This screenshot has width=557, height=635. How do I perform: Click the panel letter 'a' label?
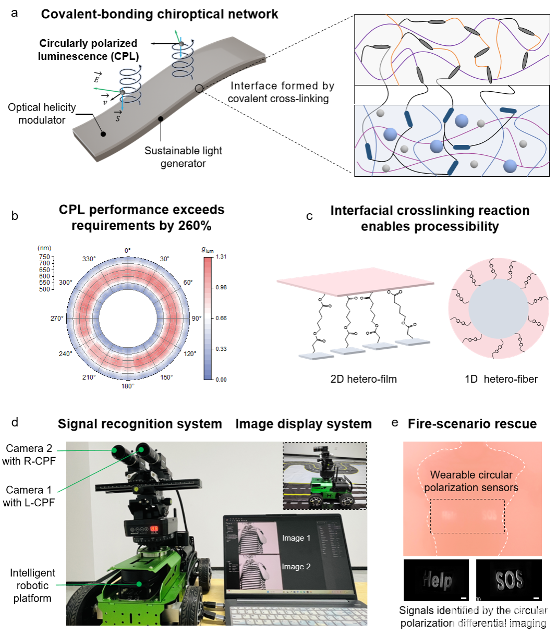pos(15,13)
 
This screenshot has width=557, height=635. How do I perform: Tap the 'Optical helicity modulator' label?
pos(42,114)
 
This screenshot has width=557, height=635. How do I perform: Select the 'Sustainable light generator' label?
pos(183,157)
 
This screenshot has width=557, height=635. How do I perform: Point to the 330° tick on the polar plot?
pos(89,259)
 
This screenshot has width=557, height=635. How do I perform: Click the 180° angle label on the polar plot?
pos(128,386)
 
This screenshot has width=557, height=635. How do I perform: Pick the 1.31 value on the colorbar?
pos(221,257)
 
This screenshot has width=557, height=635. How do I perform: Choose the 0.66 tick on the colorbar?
pos(221,318)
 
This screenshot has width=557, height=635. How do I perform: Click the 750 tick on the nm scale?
pos(44,257)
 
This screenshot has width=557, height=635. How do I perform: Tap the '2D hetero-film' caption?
pos(364,379)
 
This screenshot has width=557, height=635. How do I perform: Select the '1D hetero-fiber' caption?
pos(501,379)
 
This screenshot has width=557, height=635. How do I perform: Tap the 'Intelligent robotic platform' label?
pos(32,585)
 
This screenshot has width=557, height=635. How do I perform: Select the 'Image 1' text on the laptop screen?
pos(296,538)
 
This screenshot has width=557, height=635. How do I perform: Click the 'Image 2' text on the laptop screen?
pos(296,567)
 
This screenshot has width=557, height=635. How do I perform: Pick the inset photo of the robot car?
pos(324,477)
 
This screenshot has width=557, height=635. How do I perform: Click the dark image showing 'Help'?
pos(437,580)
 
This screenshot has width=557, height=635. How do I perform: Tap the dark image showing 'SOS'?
pos(509,580)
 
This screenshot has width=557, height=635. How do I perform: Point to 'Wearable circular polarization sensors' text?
pos(471,481)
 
